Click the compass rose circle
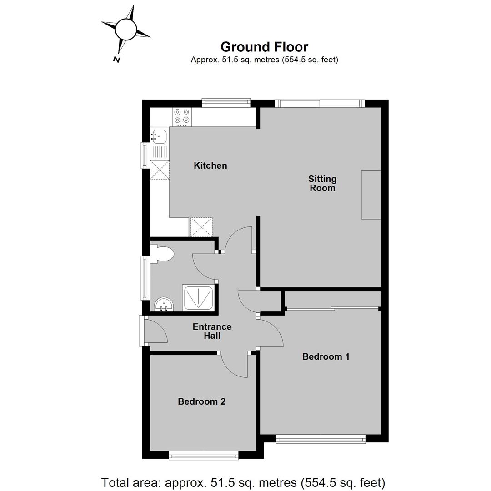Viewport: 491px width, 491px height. coord(125,29)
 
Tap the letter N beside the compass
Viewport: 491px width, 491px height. coord(116,59)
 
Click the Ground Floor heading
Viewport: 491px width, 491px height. coord(264,47)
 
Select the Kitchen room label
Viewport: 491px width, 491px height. coord(210,165)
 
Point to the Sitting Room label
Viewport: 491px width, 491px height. coord(322,183)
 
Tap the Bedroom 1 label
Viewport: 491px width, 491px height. coord(326,356)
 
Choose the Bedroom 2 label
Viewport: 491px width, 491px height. coord(202,401)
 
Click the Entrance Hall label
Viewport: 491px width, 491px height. coord(212,331)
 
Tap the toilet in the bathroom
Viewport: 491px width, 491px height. coord(161,254)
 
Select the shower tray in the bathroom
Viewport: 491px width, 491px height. coord(198,297)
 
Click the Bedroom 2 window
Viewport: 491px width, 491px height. coord(204,455)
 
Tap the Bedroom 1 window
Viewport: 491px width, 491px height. coord(321,439)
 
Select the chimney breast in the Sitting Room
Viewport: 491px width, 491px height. coord(371,195)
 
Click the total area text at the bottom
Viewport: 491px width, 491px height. coord(243,482)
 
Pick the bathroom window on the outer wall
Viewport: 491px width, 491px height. coord(145,278)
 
